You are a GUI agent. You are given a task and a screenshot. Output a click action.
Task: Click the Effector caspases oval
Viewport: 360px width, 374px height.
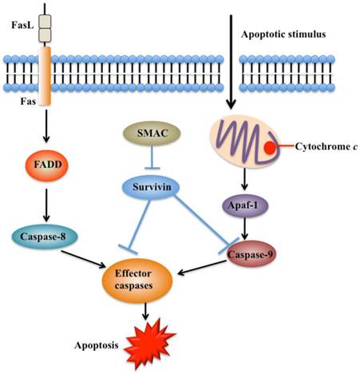(147, 278)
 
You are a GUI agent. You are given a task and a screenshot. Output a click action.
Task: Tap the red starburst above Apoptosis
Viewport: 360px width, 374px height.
(149, 342)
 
